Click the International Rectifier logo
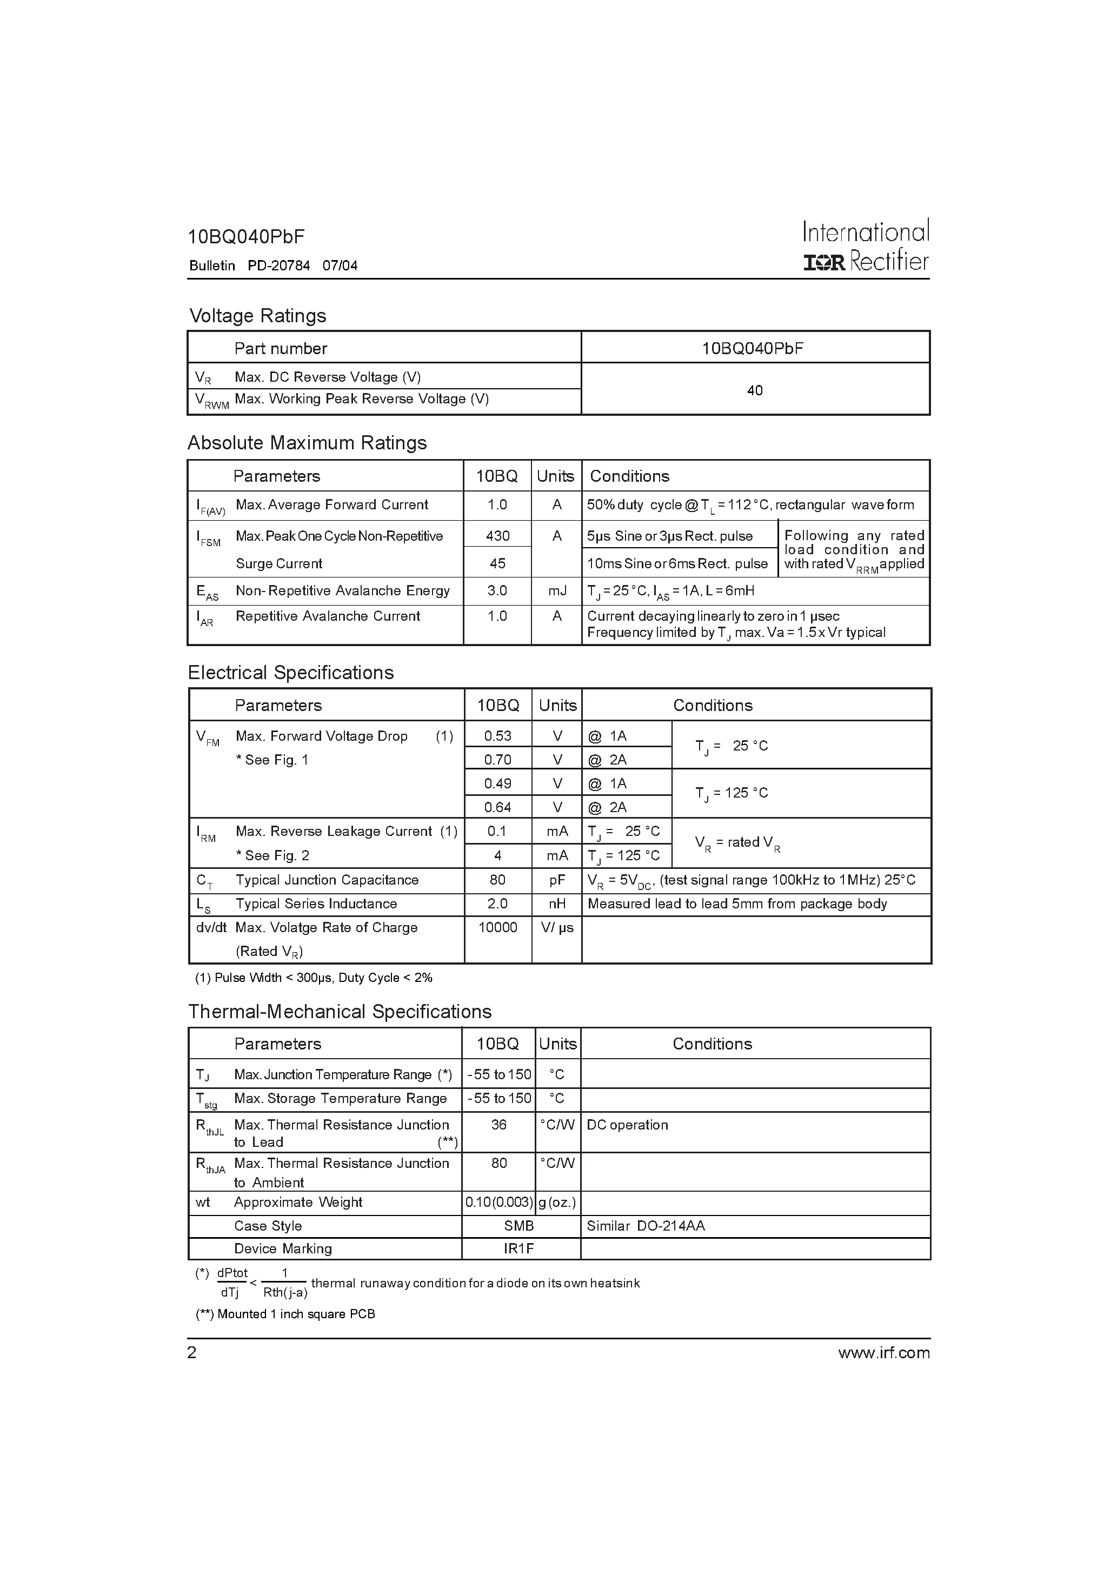pyautogui.click(x=866, y=246)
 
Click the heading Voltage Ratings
pyautogui.click(x=257, y=316)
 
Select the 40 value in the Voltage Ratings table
pyautogui.click(x=755, y=390)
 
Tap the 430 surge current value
pyautogui.click(x=497, y=536)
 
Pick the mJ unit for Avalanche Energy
pyautogui.click(x=556, y=591)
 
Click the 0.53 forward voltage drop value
pyautogui.click(x=497, y=736)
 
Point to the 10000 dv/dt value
pyautogui.click(x=497, y=927)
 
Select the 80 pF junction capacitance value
pyautogui.click(x=497, y=880)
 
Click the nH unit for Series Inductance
pyautogui.click(x=556, y=904)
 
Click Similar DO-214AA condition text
pyautogui.click(x=645, y=1226)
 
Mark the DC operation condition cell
pyautogui.click(x=627, y=1125)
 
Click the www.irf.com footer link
pyautogui.click(x=883, y=1353)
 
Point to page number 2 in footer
pyautogui.click(x=192, y=1353)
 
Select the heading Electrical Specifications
pyautogui.click(x=291, y=673)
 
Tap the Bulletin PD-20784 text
pyautogui.click(x=274, y=266)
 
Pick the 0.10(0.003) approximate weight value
pyautogui.click(x=498, y=1203)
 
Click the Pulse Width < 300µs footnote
pyautogui.click(x=314, y=978)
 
